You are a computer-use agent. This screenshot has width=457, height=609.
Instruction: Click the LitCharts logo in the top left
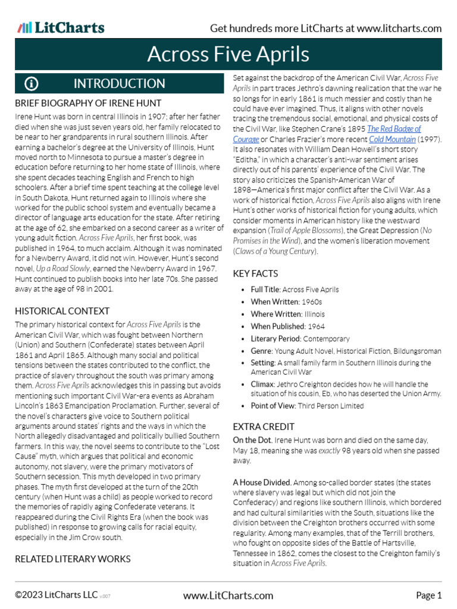[61, 28]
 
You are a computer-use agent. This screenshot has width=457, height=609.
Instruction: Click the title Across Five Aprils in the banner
[228, 54]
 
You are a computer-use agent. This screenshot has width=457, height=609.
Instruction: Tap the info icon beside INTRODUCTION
[31, 83]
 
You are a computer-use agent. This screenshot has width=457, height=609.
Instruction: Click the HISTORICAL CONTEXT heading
[62, 311]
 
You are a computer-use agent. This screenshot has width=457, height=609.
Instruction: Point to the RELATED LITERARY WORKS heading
[73, 558]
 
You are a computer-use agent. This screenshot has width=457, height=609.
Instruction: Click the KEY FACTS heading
[255, 274]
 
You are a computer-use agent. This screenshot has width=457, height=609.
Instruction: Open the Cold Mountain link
[392, 139]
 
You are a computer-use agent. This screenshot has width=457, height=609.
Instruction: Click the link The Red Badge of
[394, 128]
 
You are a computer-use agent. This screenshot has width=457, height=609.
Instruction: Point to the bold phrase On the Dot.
[252, 440]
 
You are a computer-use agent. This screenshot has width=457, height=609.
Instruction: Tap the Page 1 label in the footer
[428, 595]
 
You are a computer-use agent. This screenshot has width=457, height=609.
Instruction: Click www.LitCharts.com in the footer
[228, 595]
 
